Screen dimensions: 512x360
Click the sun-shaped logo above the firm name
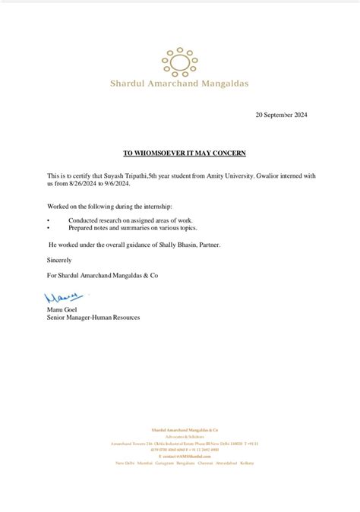pyautogui.click(x=179, y=62)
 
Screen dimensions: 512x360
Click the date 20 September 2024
pyautogui.click(x=281, y=115)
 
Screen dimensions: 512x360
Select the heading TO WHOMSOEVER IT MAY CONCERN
pyautogui.click(x=185, y=153)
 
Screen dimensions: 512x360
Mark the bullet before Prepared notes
pyautogui.click(x=49, y=227)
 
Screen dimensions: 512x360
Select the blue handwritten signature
pyautogui.click(x=64, y=297)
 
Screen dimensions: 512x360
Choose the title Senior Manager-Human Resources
pyautogui.click(x=93, y=318)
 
